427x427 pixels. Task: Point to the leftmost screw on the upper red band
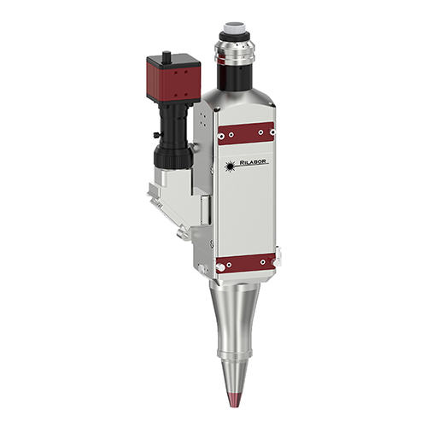[221, 134]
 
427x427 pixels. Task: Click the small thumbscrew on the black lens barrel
[155, 137]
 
